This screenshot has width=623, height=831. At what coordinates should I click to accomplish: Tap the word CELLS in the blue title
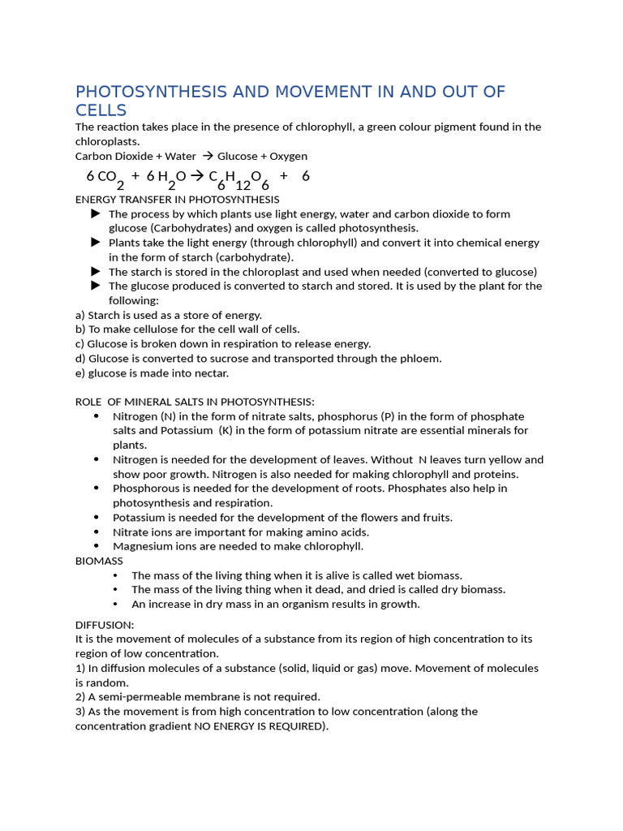[101, 110]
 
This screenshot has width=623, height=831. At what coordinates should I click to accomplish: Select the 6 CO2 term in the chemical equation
[105, 178]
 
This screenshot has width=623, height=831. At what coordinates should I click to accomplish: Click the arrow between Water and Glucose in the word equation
[207, 156]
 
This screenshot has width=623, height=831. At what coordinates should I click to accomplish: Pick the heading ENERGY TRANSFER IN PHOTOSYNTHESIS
[177, 199]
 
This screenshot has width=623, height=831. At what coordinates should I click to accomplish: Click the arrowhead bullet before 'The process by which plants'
[96, 213]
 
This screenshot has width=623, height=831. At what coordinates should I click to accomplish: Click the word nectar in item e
[210, 373]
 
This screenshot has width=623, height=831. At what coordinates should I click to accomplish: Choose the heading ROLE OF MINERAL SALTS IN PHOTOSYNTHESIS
[195, 402]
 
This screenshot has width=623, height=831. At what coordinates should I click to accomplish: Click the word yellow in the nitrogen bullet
[505, 459]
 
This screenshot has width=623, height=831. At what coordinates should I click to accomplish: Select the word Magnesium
[142, 546]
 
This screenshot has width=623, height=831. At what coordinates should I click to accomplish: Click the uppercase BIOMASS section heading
[99, 561]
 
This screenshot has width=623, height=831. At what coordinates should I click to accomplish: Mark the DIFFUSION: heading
[105, 625]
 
